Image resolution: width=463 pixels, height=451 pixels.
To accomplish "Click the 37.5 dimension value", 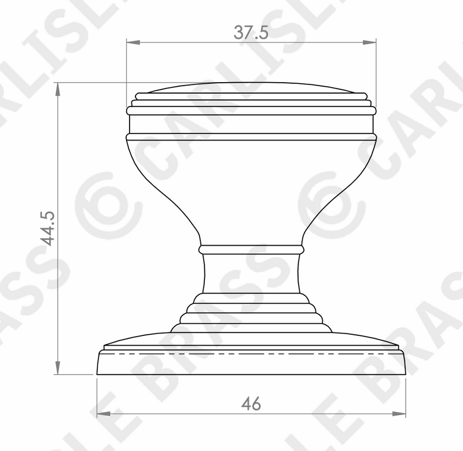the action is point(251,32).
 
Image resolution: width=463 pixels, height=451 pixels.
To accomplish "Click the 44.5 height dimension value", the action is point(47,228).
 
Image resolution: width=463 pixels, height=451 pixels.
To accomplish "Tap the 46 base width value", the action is point(251,404).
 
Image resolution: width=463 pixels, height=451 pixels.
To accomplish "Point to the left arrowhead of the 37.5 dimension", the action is point(133,42).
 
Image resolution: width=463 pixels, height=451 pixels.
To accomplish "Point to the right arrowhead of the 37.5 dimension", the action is point(369,42).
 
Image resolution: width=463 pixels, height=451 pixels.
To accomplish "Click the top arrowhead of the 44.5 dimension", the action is point(58,89).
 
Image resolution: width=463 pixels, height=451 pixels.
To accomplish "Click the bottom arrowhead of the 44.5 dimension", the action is point(58,368).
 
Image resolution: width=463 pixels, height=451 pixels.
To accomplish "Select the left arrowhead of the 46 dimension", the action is point(104,414).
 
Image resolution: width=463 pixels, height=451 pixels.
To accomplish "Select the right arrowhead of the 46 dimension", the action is point(399,414).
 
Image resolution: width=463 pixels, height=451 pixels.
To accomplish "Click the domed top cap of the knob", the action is point(251,88).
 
